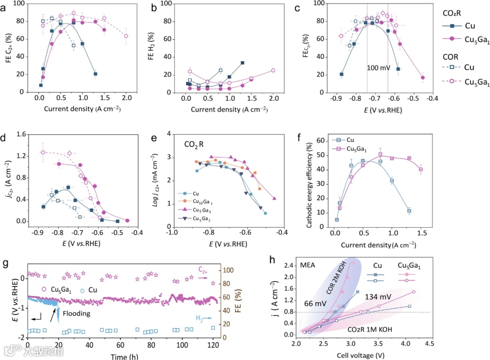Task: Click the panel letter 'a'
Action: click(5, 7)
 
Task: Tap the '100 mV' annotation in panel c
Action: click(378, 69)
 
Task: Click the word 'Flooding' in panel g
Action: click(77, 313)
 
